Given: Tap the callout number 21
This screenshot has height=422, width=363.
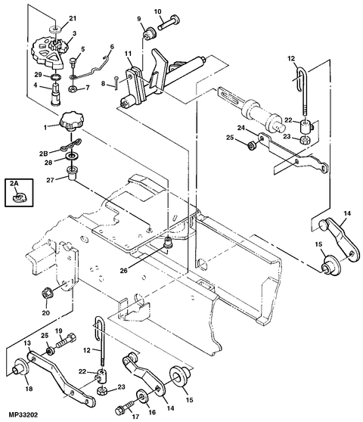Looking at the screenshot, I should (x=73, y=18).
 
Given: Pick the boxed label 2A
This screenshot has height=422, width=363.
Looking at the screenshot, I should (x=15, y=183).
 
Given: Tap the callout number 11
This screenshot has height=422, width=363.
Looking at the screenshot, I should (x=129, y=56).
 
